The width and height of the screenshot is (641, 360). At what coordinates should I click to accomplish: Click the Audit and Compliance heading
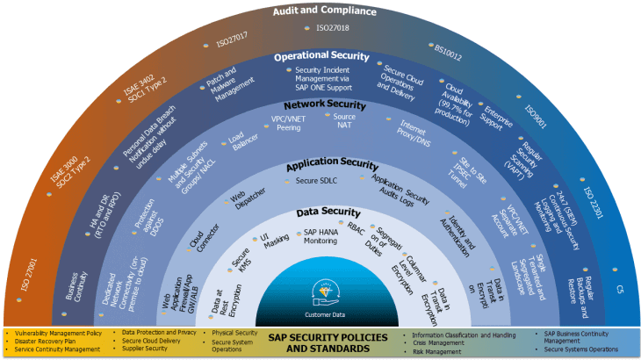pos(320,11)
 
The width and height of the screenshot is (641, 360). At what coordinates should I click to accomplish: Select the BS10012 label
pos(448,52)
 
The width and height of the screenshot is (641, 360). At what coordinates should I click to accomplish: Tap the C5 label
pos(620,288)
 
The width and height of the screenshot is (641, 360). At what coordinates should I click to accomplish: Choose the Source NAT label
pos(344,122)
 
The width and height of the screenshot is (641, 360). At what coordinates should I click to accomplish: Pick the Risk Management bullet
pos(438,349)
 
